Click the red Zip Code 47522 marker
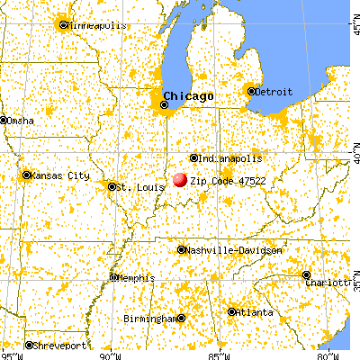click(x=179, y=179)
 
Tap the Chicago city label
click(x=190, y=96)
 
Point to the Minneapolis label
click(x=94, y=25)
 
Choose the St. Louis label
click(x=134, y=187)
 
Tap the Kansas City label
click(x=58, y=175)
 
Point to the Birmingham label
click(x=151, y=319)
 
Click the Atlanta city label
click(x=253, y=312)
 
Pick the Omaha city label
click(x=22, y=120)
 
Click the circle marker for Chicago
click(x=164, y=104)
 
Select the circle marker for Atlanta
click(x=231, y=312)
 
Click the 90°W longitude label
click(x=107, y=354)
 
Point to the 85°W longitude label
click(x=219, y=354)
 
